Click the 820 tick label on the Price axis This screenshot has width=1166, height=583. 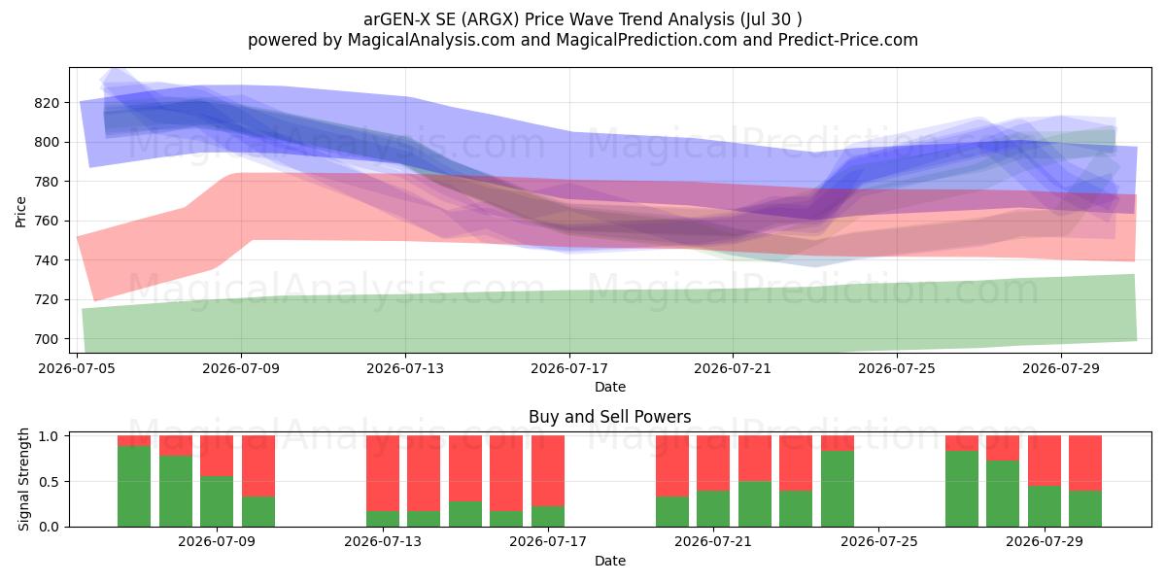(47, 103)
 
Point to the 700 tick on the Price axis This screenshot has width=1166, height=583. (47, 339)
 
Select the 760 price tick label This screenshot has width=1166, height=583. (47, 221)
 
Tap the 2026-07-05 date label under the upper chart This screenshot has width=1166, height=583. (77, 368)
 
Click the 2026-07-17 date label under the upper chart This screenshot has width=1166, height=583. (569, 368)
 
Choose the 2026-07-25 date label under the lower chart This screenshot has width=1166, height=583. (878, 541)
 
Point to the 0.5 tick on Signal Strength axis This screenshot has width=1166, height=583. (50, 482)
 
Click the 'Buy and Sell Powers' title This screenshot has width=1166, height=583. (609, 417)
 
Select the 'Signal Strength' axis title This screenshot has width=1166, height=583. (23, 479)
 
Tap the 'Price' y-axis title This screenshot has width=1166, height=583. (20, 212)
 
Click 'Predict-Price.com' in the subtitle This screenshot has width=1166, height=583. (848, 40)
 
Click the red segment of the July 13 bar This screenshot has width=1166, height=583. (383, 473)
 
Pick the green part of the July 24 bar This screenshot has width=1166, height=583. (838, 489)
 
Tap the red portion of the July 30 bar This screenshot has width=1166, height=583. (1085, 463)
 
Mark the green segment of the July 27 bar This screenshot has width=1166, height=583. (961, 489)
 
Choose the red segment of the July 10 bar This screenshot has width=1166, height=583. (258, 465)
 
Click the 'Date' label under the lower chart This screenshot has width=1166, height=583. (609, 561)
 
